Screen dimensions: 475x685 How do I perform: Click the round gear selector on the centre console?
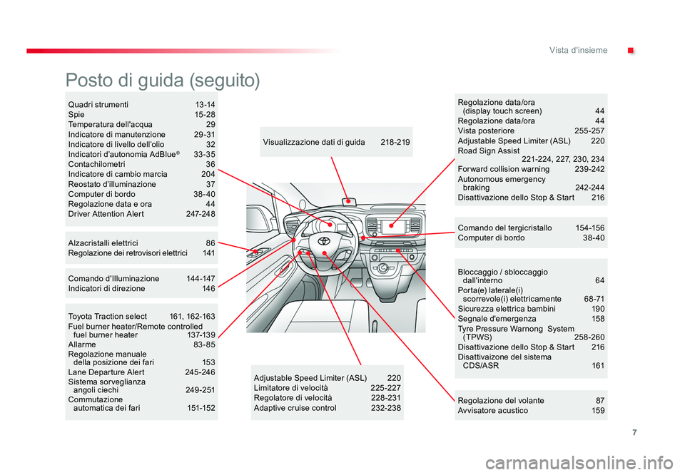[x=383, y=268]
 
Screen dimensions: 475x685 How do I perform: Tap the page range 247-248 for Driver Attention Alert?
[x=200, y=214]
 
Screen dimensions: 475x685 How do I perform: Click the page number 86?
[x=210, y=243]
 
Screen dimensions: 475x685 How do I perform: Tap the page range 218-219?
[x=395, y=143]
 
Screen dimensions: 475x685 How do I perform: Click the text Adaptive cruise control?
[x=295, y=408]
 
